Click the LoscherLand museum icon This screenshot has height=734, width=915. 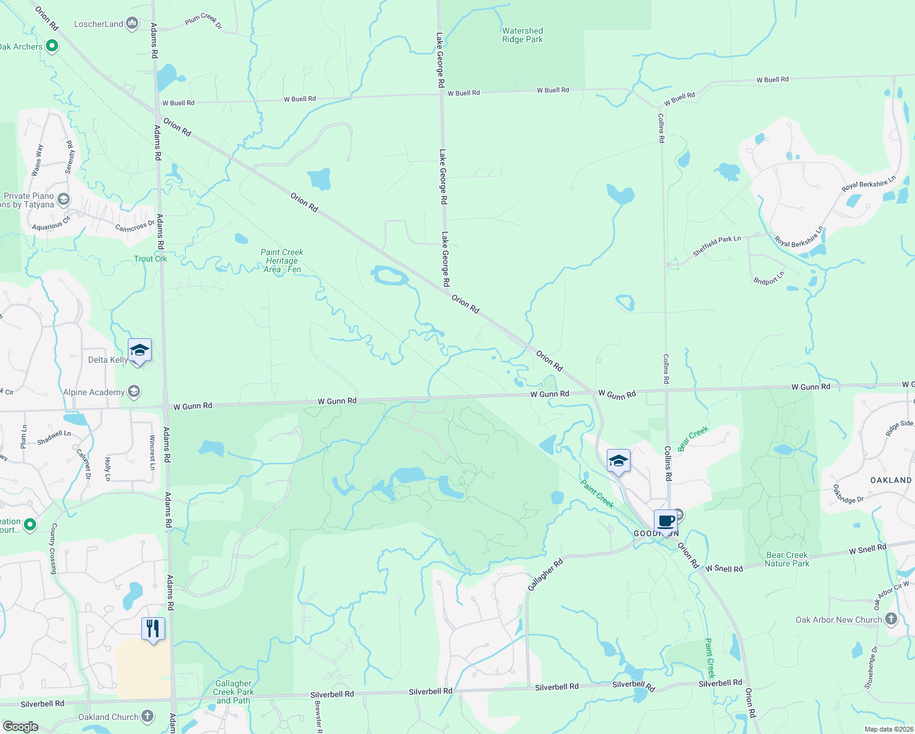click(132, 24)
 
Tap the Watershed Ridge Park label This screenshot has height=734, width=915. click(522, 35)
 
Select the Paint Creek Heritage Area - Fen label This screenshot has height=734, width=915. click(282, 261)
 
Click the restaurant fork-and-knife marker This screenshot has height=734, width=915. click(153, 629)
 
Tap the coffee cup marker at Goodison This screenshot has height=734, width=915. click(666, 522)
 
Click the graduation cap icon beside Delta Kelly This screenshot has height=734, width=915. click(139, 350)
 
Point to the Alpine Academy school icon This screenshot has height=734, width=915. click(134, 391)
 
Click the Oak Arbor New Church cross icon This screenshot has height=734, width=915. click(891, 619)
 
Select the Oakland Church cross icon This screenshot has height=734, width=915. click(147, 716)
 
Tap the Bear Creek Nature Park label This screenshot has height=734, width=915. click(787, 559)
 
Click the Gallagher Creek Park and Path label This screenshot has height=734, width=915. click(233, 692)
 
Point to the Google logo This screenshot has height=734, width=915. click(20, 727)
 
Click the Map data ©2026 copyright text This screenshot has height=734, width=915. click(889, 729)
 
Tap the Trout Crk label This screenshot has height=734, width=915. click(150, 259)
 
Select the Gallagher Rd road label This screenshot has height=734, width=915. click(545, 576)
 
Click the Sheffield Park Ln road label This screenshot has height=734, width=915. click(717, 246)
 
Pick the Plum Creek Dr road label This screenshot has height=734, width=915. click(203, 21)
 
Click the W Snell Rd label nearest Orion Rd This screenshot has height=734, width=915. click(724, 569)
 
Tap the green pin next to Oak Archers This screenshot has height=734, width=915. click(52, 45)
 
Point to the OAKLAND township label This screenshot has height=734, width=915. click(891, 480)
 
